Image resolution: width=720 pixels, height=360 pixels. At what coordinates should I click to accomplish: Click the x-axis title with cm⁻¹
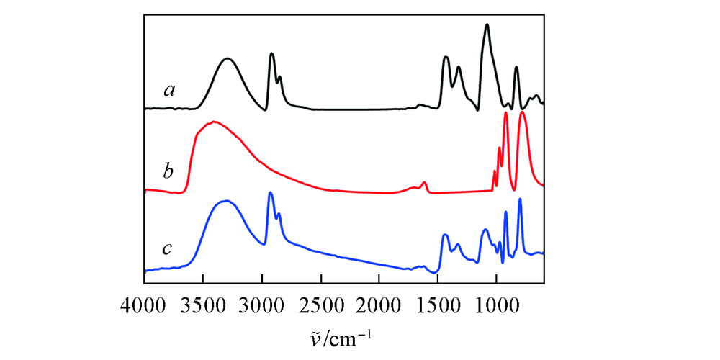pos(343,336)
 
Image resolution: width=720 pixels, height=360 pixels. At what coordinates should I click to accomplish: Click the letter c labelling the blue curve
pos(167,249)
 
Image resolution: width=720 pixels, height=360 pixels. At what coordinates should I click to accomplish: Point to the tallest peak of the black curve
pos(487,24)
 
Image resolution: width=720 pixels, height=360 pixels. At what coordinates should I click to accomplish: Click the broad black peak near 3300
pos(228,59)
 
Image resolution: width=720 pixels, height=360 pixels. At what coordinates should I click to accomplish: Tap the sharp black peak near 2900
pos(271,53)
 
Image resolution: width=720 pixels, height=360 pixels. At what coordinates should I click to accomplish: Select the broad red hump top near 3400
pos(214,122)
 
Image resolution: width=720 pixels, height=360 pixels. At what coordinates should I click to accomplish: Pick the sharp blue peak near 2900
pos(270,192)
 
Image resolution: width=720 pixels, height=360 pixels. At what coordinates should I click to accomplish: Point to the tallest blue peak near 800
pos(520,199)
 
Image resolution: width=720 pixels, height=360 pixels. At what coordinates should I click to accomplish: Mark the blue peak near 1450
pos(445,235)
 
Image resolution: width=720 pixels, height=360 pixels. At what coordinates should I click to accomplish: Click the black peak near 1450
pos(446,57)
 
